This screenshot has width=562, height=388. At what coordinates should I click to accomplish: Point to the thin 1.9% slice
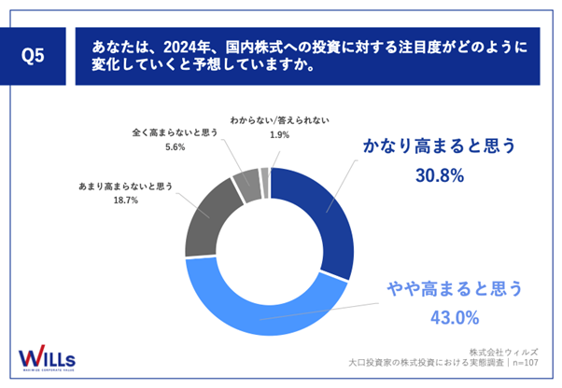265,171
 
